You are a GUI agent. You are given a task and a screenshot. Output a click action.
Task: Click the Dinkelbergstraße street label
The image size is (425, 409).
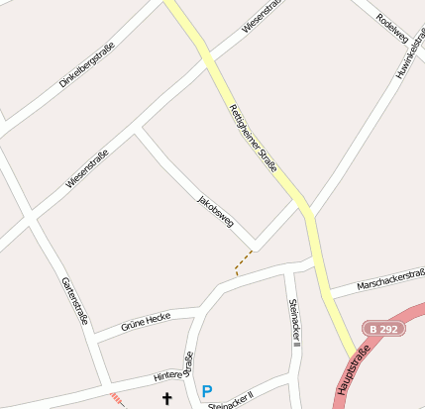point(85,64)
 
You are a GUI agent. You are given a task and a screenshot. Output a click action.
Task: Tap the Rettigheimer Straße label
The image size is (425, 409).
point(253,139)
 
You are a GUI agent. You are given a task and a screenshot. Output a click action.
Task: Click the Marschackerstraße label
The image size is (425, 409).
point(389,282)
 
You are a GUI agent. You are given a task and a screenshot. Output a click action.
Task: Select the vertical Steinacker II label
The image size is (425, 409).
point(294,322)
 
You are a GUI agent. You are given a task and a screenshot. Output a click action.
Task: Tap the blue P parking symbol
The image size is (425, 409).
point(207,391)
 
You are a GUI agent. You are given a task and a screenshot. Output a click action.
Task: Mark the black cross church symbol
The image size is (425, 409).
point(166,398)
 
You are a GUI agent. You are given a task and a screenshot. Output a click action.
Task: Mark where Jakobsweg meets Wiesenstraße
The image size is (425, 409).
point(139,130)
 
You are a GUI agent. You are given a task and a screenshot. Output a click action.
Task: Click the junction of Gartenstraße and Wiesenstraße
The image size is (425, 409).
point(29,217)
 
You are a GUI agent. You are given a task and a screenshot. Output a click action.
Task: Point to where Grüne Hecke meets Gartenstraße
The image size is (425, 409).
point(91,339)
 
